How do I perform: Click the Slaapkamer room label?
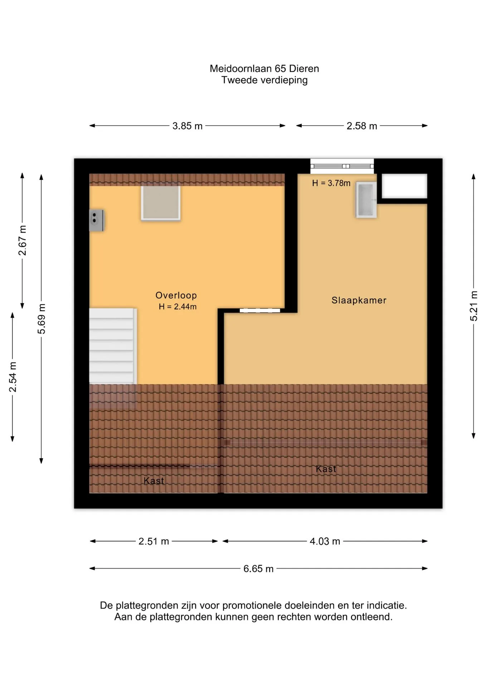[359, 300]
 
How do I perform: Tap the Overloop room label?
[176, 295]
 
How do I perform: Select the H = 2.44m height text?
[178, 307]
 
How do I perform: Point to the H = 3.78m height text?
[331, 183]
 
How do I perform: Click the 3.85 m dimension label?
[188, 126]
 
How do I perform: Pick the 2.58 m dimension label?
[362, 126]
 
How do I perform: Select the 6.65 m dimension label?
[258, 569]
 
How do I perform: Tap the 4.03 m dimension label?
[325, 541]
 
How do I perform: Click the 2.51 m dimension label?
[154, 541]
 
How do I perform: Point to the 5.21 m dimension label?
[473, 306]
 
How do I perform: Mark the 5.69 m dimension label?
[42, 319]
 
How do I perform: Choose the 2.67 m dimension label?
[22, 240]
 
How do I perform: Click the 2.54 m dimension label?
[13, 377]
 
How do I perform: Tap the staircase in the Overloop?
[113, 346]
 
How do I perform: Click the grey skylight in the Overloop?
[161, 202]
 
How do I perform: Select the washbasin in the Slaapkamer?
[366, 200]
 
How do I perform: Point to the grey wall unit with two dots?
[96, 220]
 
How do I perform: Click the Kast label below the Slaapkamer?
[326, 469]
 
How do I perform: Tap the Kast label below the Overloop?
[154, 481]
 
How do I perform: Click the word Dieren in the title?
[304, 68]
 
